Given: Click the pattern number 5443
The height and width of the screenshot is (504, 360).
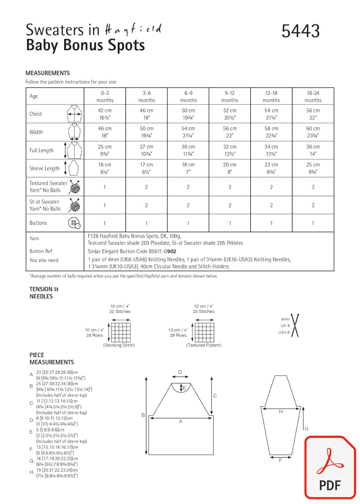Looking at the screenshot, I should [300, 31].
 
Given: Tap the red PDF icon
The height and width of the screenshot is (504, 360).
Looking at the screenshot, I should [330, 467].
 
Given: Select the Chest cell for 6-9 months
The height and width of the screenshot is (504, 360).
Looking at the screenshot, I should [188, 114].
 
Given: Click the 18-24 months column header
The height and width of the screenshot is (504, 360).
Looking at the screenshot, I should [313, 97].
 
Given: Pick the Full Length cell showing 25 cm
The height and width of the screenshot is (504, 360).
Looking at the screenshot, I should [105, 150].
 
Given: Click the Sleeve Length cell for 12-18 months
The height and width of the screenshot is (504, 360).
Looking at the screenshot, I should [271, 168].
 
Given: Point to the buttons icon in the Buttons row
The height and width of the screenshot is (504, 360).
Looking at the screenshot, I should [74, 223].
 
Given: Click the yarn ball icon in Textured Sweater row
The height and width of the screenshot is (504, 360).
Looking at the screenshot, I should [74, 187].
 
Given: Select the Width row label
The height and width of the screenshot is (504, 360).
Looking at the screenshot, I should [36, 132].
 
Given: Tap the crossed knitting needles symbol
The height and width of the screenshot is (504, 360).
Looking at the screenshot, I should [295, 326].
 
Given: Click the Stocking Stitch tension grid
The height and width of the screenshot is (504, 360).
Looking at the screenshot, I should [121, 332].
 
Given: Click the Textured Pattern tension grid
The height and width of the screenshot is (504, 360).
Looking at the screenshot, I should [204, 332].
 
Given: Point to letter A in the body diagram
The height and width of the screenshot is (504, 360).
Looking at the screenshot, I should [181, 421].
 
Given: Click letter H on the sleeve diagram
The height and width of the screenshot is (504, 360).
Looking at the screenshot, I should [281, 412].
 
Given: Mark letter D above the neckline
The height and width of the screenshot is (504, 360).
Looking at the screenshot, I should [180, 372].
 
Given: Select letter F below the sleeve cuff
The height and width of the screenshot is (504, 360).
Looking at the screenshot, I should [280, 460].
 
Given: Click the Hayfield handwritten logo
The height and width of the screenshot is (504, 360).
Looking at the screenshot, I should [133, 30].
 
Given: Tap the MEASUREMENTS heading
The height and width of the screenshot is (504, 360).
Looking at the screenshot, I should [48, 73].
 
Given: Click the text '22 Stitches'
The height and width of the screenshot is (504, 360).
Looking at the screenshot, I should [120, 312].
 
